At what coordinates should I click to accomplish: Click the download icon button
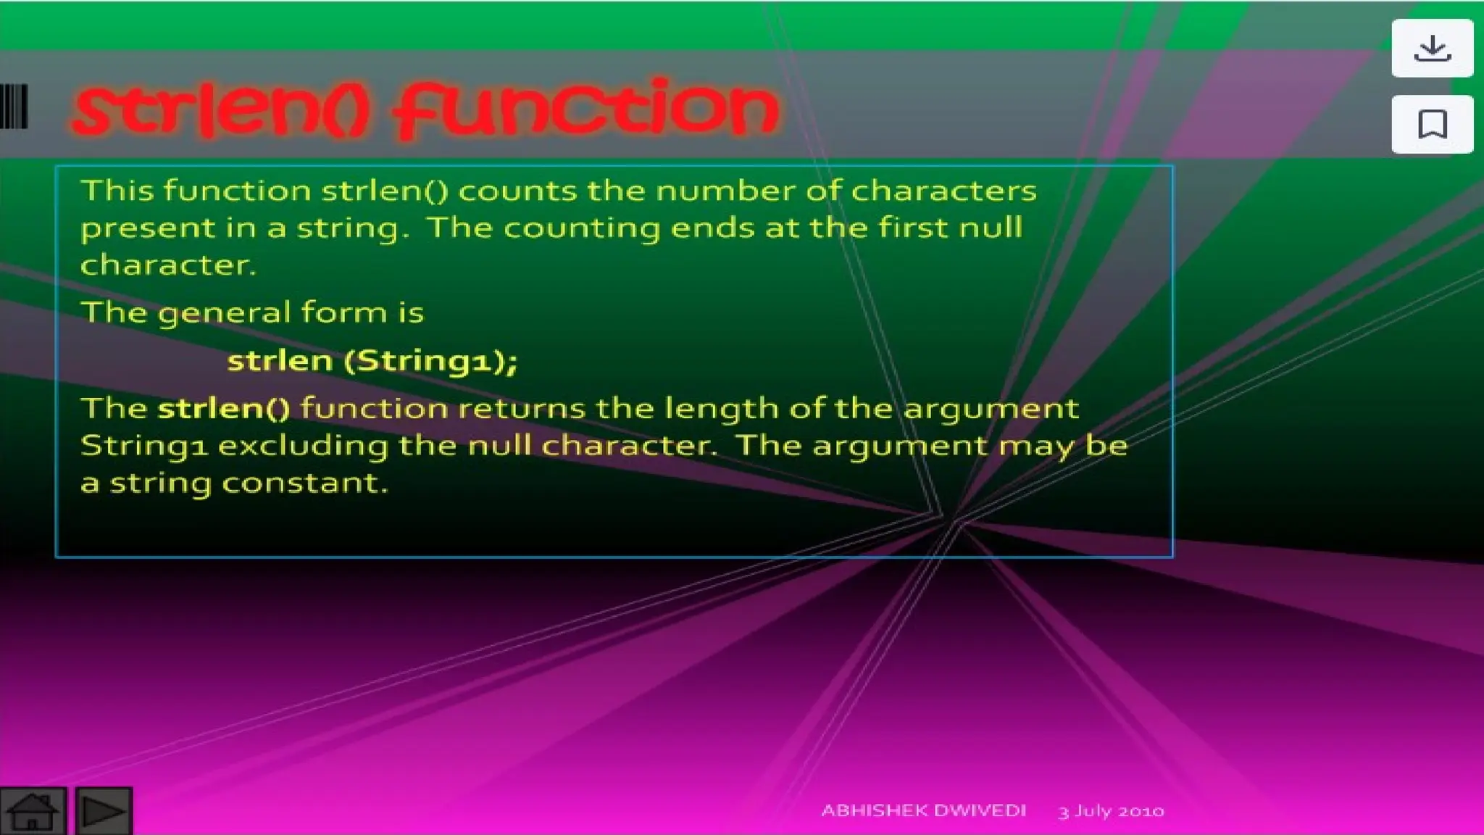(x=1432, y=49)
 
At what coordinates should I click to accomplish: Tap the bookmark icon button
(x=1432, y=124)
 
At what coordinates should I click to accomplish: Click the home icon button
(x=33, y=811)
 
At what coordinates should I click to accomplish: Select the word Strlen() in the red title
(x=221, y=110)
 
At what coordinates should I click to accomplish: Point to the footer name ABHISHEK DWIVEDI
(x=923, y=810)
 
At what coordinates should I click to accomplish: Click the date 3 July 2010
(x=1111, y=811)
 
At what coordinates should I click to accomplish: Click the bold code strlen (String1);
(x=372, y=361)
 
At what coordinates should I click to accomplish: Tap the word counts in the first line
(x=517, y=191)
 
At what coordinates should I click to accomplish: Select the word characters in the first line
(x=943, y=191)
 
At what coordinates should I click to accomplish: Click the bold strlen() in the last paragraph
(x=224, y=408)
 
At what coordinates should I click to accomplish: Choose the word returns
(x=521, y=409)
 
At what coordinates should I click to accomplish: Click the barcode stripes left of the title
(x=14, y=107)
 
